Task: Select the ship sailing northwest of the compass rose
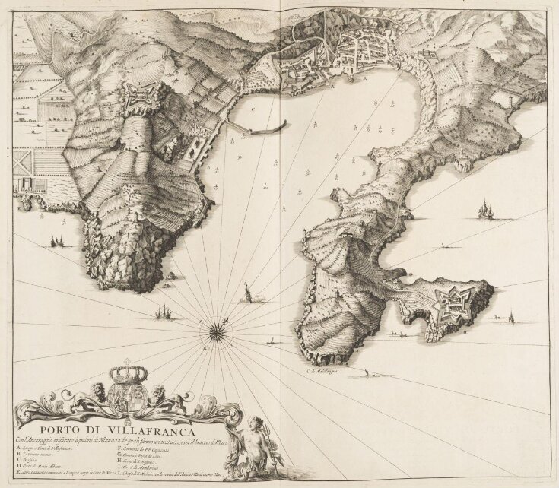(x=163, y=311)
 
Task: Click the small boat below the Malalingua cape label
(x=367, y=373)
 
